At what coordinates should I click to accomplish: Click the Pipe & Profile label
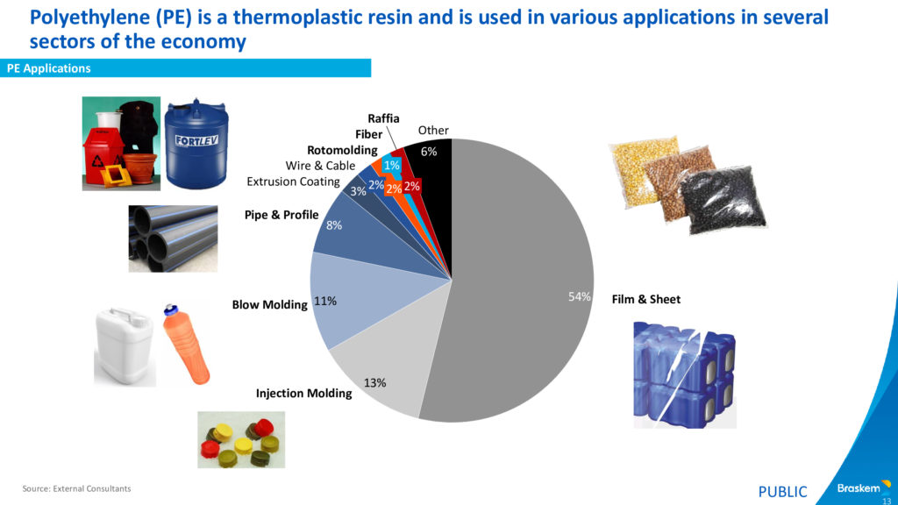[282, 215]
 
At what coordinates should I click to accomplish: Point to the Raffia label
[383, 118]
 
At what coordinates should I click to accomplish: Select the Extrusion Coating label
[293, 181]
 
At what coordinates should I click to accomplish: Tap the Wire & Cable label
[320, 166]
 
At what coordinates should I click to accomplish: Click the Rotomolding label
[342, 150]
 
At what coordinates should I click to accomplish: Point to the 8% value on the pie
[334, 225]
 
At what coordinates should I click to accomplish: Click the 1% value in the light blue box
[392, 166]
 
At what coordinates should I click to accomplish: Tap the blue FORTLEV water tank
[196, 145]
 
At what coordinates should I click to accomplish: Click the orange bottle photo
[187, 344]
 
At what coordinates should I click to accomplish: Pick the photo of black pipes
[173, 238]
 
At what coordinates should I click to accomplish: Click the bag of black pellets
[723, 201]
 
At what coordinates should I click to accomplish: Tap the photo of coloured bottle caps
[241, 440]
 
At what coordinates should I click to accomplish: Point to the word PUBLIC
[782, 492]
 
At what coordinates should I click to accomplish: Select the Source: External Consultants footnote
[77, 488]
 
